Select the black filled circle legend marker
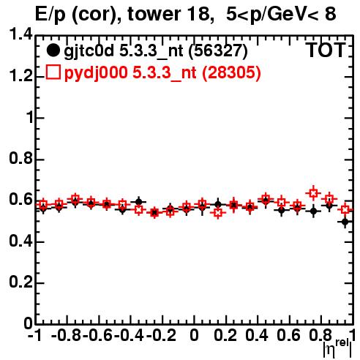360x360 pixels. [x=53, y=50]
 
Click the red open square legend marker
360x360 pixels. [x=53, y=72]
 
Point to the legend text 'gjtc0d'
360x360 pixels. [x=89, y=51]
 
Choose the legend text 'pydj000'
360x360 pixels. [x=96, y=73]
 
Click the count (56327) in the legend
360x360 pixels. [x=218, y=51]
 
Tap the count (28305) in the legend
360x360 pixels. [x=231, y=72]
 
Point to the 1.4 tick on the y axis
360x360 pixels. [x=20, y=34]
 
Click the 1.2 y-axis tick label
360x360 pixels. [x=20, y=76]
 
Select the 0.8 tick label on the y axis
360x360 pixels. [x=20, y=159]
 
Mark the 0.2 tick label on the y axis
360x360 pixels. [x=20, y=282]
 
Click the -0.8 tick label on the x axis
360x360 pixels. [x=67, y=335]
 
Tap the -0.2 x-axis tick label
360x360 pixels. [x=161, y=335]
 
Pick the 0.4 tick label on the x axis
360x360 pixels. [x=256, y=335]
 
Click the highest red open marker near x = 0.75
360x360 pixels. [x=313, y=193]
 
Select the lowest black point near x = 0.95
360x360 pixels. [x=345, y=222]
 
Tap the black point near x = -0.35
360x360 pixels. [x=138, y=202]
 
